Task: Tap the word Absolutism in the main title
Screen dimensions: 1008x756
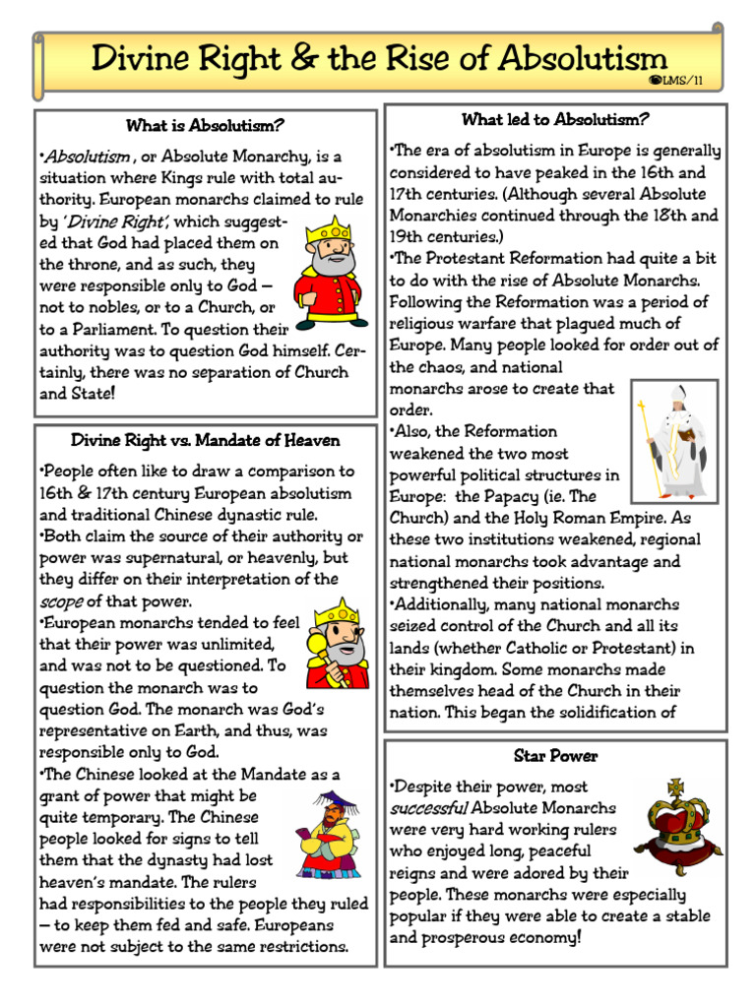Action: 582,58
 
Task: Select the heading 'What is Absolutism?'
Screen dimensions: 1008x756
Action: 205,126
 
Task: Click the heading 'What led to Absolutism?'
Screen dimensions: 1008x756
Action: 555,120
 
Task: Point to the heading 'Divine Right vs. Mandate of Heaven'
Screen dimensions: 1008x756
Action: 205,440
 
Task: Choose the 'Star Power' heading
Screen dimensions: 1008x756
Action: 555,756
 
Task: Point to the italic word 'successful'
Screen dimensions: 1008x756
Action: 428,808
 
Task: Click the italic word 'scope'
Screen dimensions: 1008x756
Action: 60,601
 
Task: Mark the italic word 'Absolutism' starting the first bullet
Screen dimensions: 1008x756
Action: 86,157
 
